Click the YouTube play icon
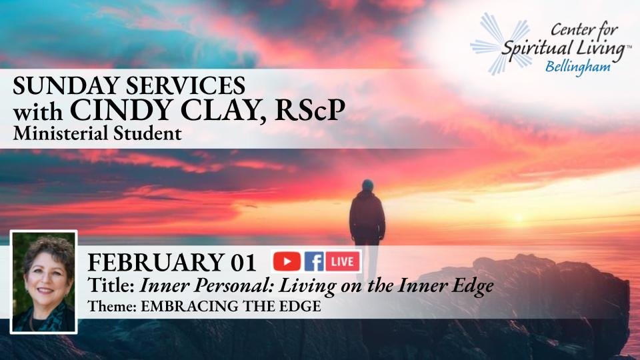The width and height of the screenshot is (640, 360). (287, 261)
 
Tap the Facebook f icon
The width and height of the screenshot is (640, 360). (314, 261)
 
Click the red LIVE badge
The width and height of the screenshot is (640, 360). (343, 261)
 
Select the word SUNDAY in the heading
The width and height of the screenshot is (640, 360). (66, 86)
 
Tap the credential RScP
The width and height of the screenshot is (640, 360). (310, 109)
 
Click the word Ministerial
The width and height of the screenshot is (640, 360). (61, 133)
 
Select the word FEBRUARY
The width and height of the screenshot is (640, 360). (156, 263)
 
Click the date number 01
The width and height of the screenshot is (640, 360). (243, 263)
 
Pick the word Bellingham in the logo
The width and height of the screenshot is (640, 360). (578, 67)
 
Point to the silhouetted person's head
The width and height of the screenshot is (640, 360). (367, 185)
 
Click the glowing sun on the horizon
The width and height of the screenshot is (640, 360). (519, 219)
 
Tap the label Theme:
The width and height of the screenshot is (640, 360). (112, 306)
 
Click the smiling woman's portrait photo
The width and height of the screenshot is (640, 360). (44, 282)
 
